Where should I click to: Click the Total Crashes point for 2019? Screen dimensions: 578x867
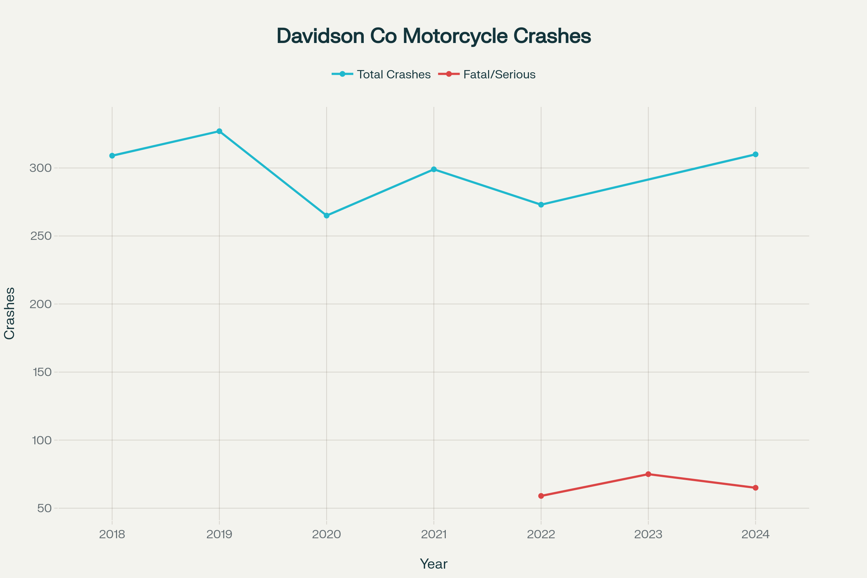(219, 131)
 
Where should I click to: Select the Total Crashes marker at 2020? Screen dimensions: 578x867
(327, 216)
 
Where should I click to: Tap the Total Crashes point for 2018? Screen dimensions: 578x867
(112, 156)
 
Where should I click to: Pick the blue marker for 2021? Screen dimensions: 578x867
(434, 169)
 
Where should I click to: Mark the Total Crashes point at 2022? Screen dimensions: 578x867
(541, 204)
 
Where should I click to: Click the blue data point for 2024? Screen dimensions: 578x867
(755, 155)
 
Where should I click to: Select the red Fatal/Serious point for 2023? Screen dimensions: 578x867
(648, 474)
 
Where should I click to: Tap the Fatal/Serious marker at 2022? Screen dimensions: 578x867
(541, 496)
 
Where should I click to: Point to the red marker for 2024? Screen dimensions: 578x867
(755, 488)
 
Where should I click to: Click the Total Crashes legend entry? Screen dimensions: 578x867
(381, 74)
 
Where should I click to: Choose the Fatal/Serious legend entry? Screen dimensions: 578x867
(487, 74)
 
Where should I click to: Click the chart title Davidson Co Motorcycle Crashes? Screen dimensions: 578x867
(433, 36)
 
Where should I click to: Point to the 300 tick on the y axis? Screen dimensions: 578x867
(40, 168)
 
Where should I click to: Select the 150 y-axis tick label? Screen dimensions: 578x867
(42, 372)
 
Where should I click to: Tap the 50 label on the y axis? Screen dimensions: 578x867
(44, 508)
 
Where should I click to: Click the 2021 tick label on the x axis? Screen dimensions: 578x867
(434, 535)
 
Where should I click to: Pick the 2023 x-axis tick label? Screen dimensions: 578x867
(648, 535)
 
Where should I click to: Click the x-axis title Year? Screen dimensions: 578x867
(433, 564)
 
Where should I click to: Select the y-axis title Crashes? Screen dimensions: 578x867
(10, 313)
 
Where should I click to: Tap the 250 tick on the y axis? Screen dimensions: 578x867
(40, 236)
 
